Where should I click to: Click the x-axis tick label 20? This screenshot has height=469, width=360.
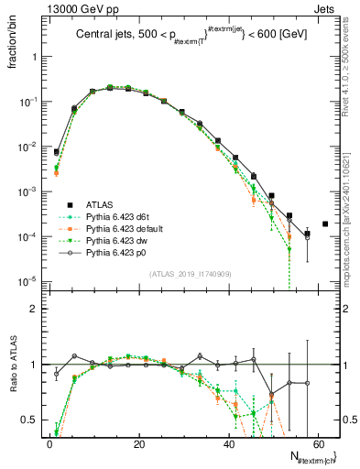[x=139, y=444]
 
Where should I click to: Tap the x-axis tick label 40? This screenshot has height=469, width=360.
[x=230, y=444]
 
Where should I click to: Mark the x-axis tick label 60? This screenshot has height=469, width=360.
[x=321, y=444]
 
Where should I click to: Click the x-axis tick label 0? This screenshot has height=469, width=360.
[x=49, y=444]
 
